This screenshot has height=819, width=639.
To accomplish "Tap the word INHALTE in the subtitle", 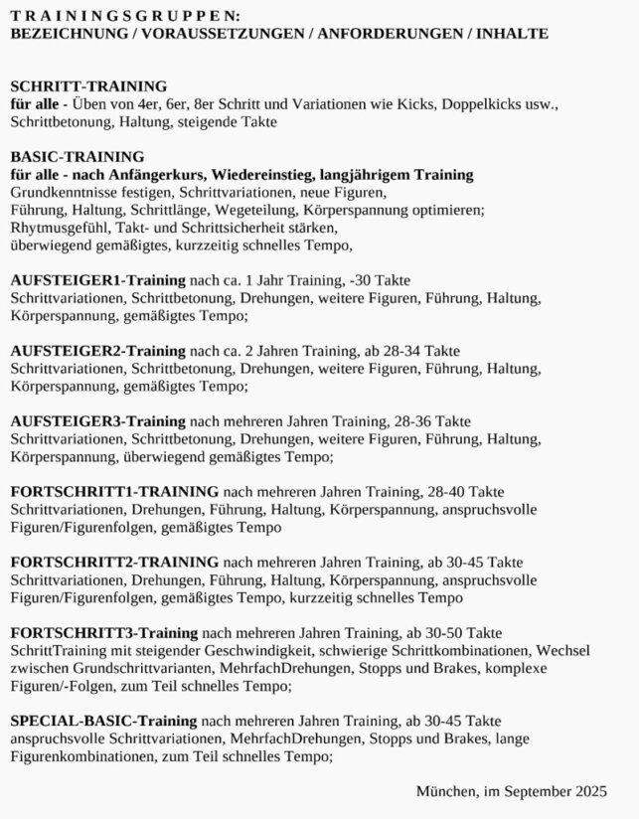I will tap(512, 33).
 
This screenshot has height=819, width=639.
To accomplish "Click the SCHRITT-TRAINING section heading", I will tap(88, 86).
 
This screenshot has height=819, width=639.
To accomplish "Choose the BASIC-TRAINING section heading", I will tap(78, 156).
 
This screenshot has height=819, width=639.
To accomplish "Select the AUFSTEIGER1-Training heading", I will tap(97, 280).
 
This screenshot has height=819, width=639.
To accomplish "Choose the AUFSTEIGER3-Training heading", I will tap(97, 421).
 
